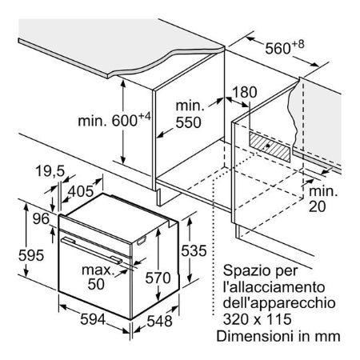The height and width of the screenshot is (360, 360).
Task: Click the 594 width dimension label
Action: coord(93,319)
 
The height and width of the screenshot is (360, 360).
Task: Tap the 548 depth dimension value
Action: coord(159,321)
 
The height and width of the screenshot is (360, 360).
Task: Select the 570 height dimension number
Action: coord(158,278)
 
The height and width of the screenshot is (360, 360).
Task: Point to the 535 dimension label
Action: coord(194,250)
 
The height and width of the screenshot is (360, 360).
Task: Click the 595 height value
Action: coord(31,255)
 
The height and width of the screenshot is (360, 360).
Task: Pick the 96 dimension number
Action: coord(41,218)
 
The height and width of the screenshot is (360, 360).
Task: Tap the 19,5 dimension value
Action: coord(50,171)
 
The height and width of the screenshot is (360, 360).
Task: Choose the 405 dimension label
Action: coord(81,191)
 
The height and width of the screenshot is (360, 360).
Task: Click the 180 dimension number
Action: coord(245,92)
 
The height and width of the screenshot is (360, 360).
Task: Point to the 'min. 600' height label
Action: coord(114,119)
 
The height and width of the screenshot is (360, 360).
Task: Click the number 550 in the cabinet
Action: coord(188,122)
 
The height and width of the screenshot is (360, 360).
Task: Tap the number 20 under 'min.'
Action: coord(317,206)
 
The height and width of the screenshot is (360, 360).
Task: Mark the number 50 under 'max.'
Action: coord(96,284)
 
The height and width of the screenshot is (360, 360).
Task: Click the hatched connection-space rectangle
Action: coord(270,146)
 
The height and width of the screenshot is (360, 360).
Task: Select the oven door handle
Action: coord(92,250)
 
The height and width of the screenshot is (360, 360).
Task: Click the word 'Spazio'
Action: coord(246,271)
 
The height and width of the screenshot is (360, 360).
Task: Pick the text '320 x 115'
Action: coord(257,319)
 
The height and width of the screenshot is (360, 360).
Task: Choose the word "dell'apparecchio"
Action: coord(279,303)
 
